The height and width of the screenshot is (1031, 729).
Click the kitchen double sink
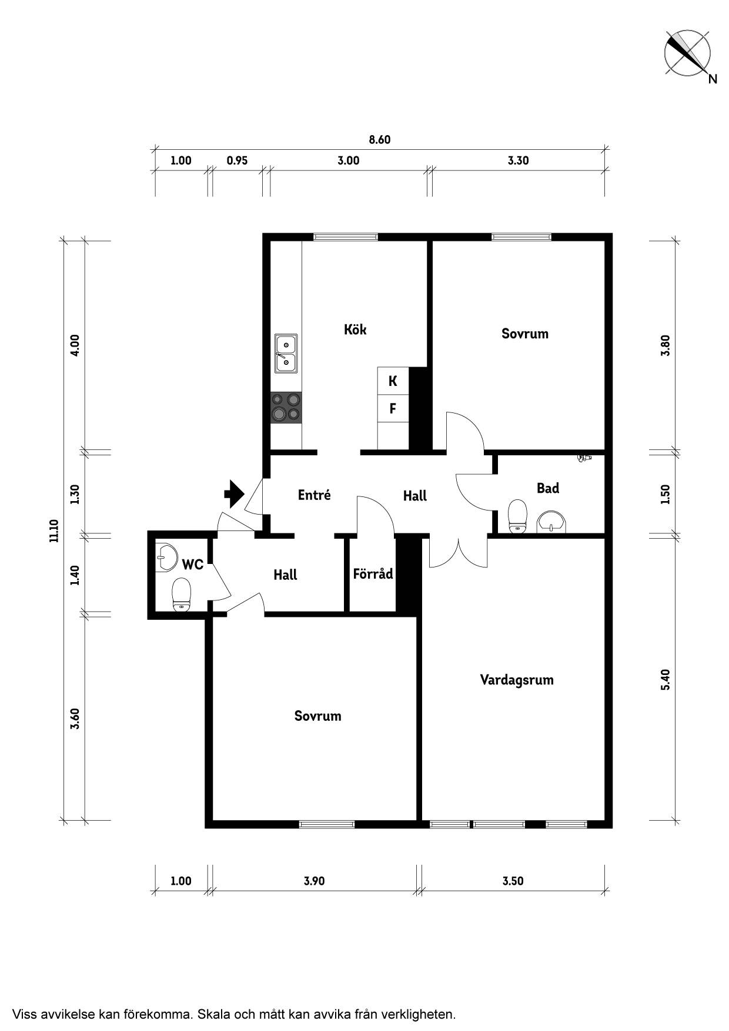pos(286,354)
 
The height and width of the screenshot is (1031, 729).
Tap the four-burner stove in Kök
pos(286,408)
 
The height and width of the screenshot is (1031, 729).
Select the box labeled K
pos(393,381)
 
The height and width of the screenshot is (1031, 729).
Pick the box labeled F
pos(393,408)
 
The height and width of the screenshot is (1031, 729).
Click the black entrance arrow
pos(234,493)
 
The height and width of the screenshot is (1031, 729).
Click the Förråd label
pos(373,573)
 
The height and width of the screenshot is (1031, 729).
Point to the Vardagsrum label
pos(517,680)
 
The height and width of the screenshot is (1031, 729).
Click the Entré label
pos(314,495)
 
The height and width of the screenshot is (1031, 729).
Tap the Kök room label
pos(355,329)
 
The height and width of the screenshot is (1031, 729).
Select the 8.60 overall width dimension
pos(380,140)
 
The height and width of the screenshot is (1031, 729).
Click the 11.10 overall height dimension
pos(54,530)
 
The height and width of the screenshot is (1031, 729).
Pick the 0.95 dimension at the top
pos(237,160)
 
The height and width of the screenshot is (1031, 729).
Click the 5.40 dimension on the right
pos(666,680)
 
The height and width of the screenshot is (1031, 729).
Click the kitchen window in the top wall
pos(346,237)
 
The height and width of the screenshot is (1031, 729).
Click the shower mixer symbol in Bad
pos(584,458)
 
